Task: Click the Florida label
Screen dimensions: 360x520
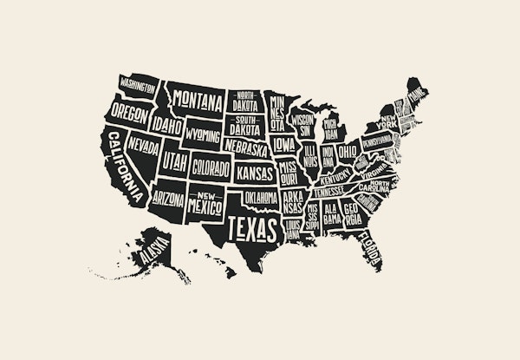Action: click(374, 247)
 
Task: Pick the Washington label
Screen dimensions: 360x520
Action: click(139, 85)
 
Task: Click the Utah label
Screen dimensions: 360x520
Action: click(174, 162)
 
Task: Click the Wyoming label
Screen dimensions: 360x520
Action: click(202, 135)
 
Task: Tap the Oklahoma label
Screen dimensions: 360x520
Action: click(260, 200)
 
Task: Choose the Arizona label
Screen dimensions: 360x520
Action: click(168, 199)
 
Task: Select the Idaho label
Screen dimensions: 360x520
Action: click(169, 127)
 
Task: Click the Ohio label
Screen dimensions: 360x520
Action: click(348, 152)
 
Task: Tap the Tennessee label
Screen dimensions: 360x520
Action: click(330, 191)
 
